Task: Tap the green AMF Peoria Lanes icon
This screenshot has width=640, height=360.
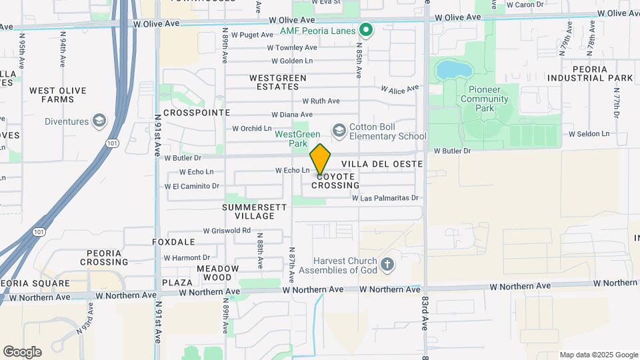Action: click(x=365, y=30)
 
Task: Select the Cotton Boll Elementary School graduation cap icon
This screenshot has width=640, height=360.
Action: click(x=339, y=130)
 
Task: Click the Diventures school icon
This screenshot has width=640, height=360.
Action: click(x=99, y=121)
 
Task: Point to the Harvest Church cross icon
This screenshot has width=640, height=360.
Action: click(x=387, y=265)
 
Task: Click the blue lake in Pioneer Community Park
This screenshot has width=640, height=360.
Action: click(x=451, y=69)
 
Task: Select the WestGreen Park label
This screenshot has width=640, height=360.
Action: click(x=291, y=138)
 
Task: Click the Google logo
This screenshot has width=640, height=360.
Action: click(x=22, y=351)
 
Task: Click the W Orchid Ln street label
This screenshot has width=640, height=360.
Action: click(x=252, y=129)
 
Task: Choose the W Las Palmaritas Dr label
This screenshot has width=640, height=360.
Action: click(x=385, y=198)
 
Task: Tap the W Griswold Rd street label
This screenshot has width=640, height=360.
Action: click(x=227, y=231)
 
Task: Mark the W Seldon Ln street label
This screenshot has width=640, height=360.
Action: click(x=589, y=134)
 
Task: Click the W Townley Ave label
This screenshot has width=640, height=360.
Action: click(x=292, y=48)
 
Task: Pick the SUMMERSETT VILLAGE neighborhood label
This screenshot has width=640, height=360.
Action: click(x=255, y=211)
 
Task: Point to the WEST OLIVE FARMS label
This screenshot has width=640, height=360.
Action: click(x=52, y=95)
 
